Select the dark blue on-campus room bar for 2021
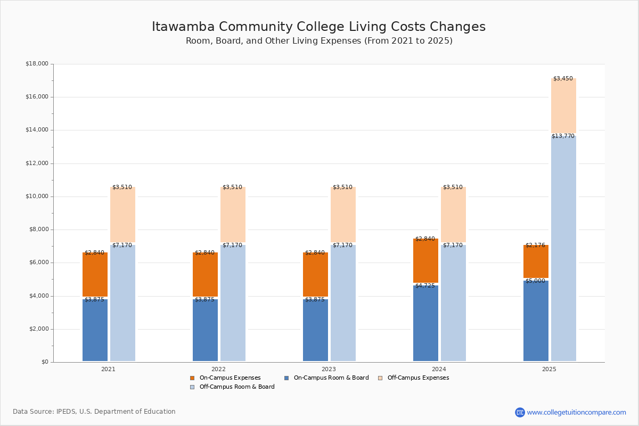pos(95,330)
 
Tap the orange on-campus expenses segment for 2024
pos(425,261)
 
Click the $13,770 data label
pos(563,136)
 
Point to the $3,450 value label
pos(563,79)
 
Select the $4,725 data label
pos(425,286)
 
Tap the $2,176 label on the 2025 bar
pos(535,245)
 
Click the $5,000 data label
pos(535,281)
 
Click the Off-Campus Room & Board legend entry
pos(236,387)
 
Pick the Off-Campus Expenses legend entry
pos(417,378)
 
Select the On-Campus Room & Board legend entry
pos(331,378)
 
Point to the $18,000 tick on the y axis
pos(37,64)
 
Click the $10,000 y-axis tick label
pos(37,196)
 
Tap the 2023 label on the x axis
pos(329,369)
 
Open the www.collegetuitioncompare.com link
pos(576,412)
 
